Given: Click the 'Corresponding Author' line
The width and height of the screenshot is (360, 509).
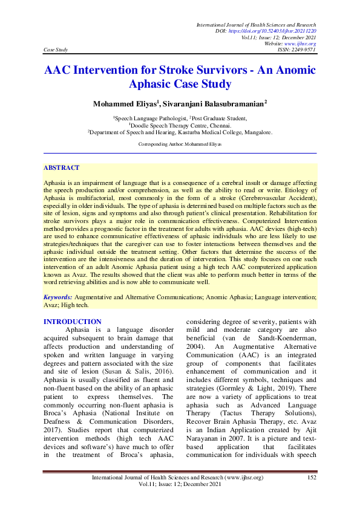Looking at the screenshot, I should tap(180, 144).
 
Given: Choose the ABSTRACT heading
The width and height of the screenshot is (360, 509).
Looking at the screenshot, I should tap(61, 167).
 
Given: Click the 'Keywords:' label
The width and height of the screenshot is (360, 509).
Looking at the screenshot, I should tap(59, 298).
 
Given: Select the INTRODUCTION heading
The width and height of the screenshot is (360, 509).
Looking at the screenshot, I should tap(73, 322).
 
